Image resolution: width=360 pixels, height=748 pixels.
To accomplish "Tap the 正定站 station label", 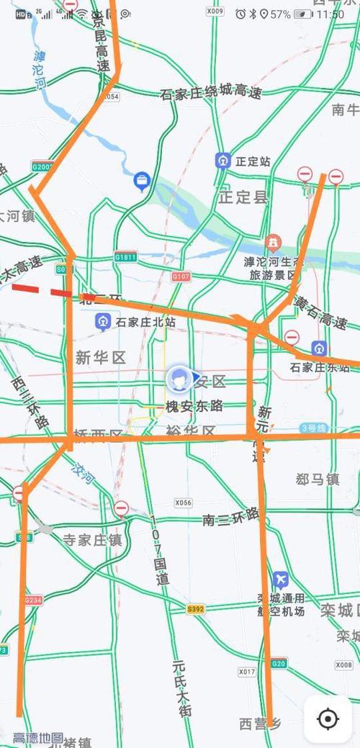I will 253,161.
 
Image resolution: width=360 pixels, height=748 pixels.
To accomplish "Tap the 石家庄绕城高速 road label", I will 210,93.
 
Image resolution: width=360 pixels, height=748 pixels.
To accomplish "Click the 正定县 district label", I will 243,197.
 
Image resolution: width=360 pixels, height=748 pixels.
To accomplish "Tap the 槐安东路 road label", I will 194,406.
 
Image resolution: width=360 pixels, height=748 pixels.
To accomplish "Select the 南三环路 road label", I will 230,516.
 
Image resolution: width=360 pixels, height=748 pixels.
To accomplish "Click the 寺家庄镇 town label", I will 92,539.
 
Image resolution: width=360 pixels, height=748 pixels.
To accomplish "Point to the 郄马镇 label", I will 318,479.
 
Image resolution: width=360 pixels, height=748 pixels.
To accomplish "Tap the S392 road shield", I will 195,609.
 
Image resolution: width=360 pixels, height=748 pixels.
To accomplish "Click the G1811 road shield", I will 125,257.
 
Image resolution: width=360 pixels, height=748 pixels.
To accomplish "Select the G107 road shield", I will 181,276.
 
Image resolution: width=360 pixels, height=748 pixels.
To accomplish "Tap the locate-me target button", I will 328,718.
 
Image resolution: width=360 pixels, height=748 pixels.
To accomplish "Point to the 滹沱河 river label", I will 40,70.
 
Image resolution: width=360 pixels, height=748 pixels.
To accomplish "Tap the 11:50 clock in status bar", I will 330,14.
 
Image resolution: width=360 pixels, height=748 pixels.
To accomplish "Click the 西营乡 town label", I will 260,722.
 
